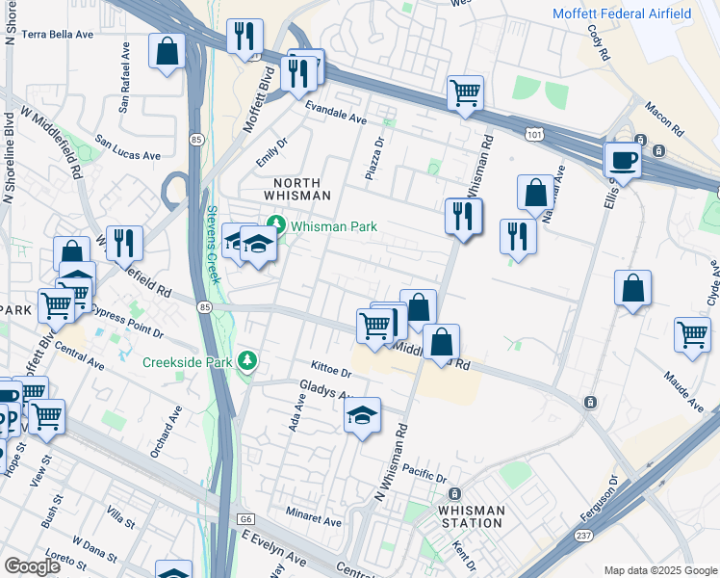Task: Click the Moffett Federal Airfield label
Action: coord(634,13)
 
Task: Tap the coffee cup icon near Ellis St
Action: coord(623,160)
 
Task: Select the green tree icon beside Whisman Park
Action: coord(277,226)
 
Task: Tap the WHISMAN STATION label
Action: coord(471,516)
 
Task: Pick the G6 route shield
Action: coord(246,519)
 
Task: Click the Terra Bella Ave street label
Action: coord(58,34)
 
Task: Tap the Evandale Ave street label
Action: coord(337,114)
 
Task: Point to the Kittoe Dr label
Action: coord(334,369)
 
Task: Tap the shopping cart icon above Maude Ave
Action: coord(692,335)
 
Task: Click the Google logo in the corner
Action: coord(32,566)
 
